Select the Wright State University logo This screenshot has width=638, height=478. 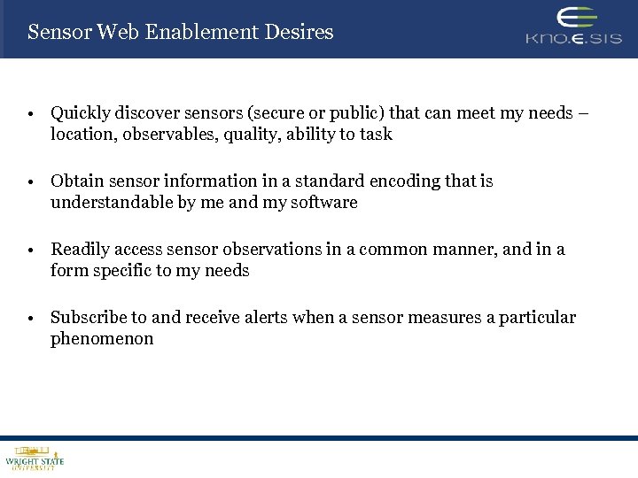click(35, 458)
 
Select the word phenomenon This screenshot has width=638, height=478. click(102, 338)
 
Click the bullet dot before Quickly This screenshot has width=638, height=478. click(30, 114)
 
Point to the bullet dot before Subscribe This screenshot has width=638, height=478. click(30, 318)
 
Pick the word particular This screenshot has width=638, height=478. click(536, 317)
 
